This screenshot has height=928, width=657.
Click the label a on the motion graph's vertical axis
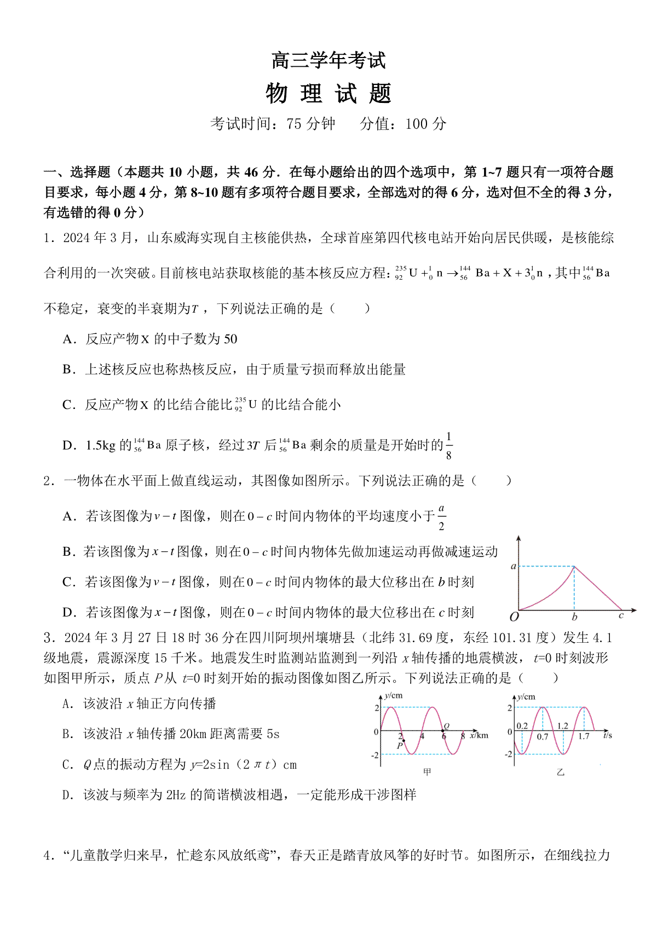click(x=513, y=566)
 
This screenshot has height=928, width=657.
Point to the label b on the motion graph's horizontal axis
click(x=574, y=617)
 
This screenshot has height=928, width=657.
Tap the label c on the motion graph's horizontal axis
click(x=621, y=615)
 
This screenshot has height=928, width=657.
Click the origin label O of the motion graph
click(x=514, y=617)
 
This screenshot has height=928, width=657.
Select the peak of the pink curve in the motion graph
click(x=574, y=566)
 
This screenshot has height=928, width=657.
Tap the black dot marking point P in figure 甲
click(x=404, y=741)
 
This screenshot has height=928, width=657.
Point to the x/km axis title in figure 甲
click(x=479, y=735)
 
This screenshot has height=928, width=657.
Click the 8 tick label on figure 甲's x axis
click(x=463, y=736)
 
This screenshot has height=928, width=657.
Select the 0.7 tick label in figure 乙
click(x=542, y=737)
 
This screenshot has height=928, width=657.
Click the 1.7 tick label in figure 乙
click(x=584, y=737)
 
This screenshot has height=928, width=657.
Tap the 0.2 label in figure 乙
click(x=522, y=726)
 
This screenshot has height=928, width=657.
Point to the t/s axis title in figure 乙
click(x=607, y=735)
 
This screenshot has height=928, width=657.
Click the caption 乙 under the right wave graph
click(x=560, y=772)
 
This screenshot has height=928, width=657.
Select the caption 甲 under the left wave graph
click(x=427, y=772)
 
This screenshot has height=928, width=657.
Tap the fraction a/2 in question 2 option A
click(x=442, y=516)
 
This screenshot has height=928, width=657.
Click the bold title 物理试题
click(x=328, y=94)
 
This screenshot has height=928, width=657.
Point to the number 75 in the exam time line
click(x=294, y=124)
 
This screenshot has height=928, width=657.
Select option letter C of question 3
click(x=68, y=765)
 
